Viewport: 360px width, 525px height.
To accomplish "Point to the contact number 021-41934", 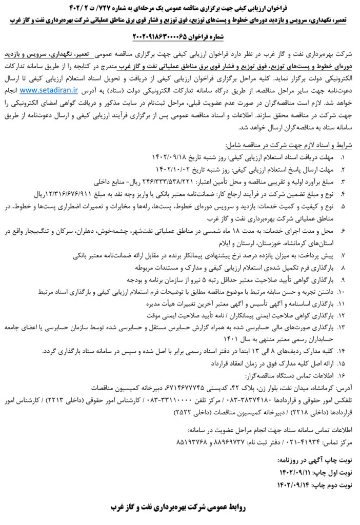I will (x=304, y=441).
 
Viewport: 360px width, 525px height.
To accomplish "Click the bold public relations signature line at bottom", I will (x=179, y=508).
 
